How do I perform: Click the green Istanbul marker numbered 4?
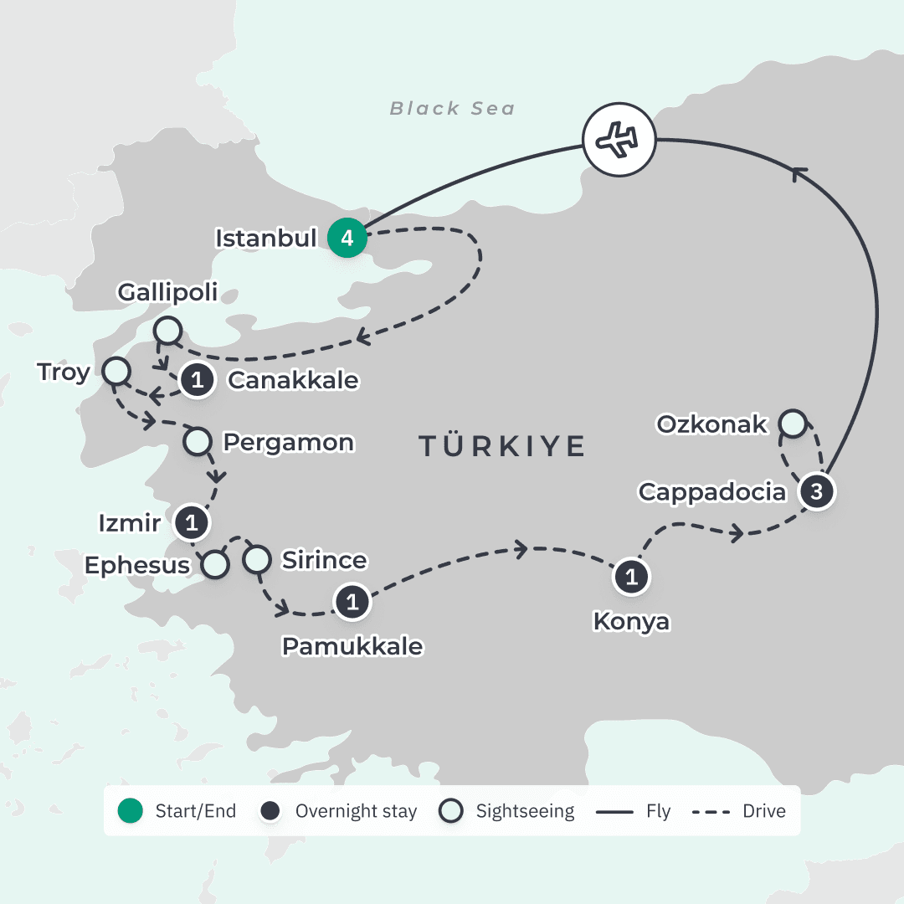click(347, 239)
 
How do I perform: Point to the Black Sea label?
click(452, 109)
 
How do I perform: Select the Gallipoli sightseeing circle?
click(168, 330)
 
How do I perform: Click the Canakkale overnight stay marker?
click(197, 380)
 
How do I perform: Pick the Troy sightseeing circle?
click(116, 371)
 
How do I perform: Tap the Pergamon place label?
click(287, 442)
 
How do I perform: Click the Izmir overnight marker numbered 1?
click(191, 524)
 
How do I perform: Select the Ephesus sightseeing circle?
click(216, 564)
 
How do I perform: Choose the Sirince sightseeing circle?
click(258, 558)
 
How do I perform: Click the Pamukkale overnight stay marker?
click(352, 602)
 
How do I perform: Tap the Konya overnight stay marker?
click(631, 578)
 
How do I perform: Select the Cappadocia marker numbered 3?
click(817, 491)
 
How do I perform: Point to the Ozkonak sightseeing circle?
click(792, 424)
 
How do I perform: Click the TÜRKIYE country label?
click(501, 446)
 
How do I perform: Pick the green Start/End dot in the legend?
click(131, 811)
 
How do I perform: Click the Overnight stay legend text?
click(356, 811)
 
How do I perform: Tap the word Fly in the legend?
click(658, 811)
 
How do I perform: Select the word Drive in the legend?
click(763, 811)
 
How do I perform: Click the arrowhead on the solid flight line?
click(800, 172)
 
